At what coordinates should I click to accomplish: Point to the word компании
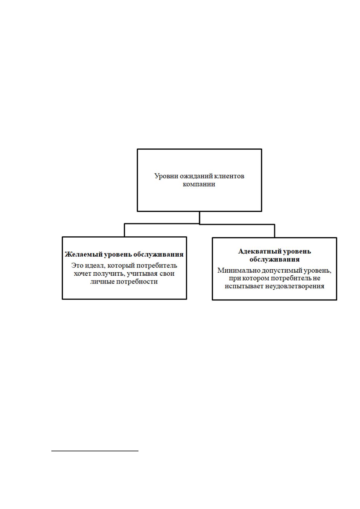pyautogui.click(x=199, y=184)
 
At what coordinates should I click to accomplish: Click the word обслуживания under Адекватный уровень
pyautogui.click(x=274, y=259)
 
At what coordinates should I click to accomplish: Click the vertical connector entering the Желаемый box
pyautogui.click(x=124, y=230)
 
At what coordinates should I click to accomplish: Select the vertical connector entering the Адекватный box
pyautogui.click(x=274, y=231)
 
